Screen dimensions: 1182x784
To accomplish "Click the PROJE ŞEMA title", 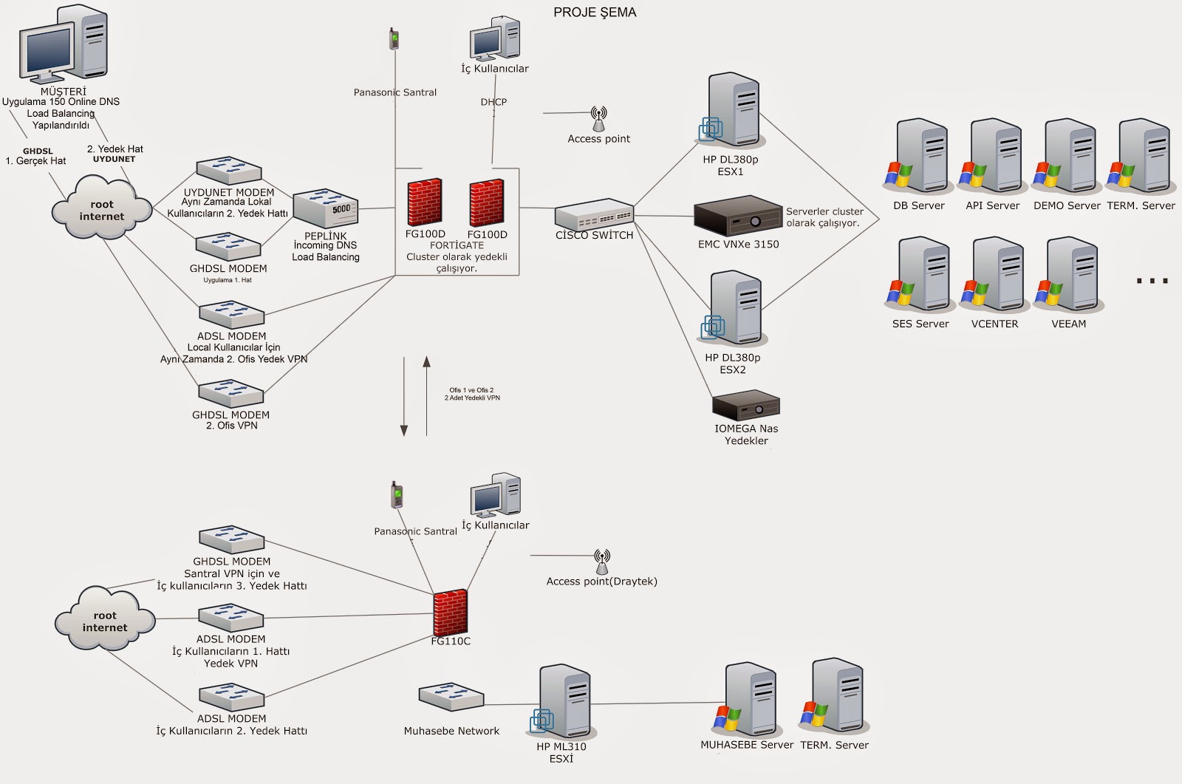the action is coord(595,12).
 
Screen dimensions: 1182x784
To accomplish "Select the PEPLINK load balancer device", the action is coord(326,208).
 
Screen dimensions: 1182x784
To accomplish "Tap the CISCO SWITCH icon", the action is coord(594,214).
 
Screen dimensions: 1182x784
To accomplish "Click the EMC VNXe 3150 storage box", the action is coord(738,216).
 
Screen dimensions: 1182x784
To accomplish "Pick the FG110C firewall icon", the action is coord(450,613).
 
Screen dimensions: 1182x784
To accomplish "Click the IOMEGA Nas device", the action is coord(745,406).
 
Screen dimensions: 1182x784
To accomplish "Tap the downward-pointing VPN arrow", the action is coord(404,397).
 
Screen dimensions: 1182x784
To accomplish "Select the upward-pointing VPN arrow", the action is coord(426,396).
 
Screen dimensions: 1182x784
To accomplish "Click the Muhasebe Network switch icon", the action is coord(451,697).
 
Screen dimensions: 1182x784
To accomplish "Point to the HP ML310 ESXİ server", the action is coord(562,702).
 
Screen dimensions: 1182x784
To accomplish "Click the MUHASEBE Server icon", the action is coord(746,699).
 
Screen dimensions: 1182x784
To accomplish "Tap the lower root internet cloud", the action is coord(104,618).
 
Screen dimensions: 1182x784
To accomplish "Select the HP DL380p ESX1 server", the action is coord(731,111).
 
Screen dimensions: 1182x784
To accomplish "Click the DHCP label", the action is coord(493,102).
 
